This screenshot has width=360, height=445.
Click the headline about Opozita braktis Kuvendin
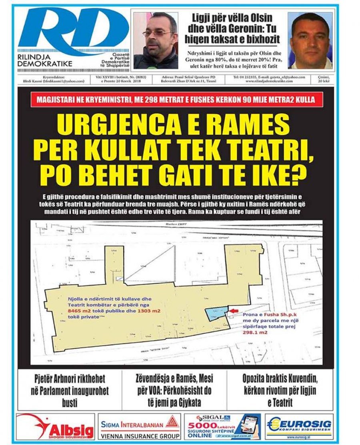[282, 390]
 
